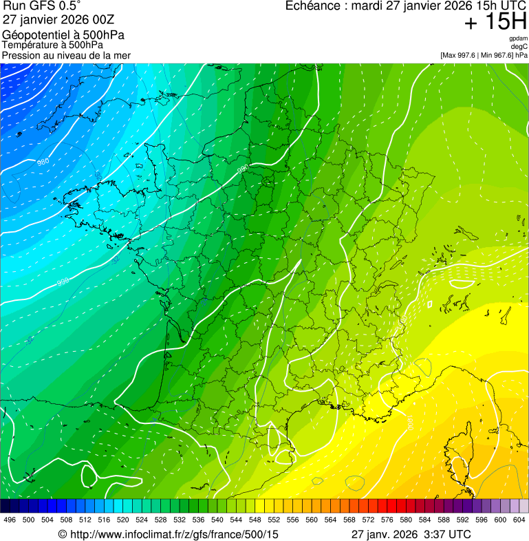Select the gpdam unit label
(x=518, y=39)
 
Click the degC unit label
(x=519, y=46)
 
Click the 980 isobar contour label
(x=43, y=162)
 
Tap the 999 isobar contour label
(x=63, y=282)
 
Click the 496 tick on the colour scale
(x=10, y=520)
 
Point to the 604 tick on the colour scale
(x=519, y=520)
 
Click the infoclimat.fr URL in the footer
(x=175, y=534)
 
